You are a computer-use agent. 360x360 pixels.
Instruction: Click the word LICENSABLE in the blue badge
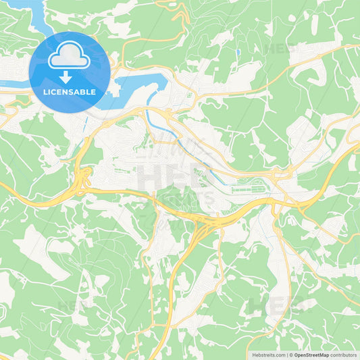point(70,91)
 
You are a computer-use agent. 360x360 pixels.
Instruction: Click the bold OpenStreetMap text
point(311,355)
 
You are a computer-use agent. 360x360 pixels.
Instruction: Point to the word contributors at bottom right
point(344,355)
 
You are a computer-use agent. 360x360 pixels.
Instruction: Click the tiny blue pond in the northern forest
point(238,51)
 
